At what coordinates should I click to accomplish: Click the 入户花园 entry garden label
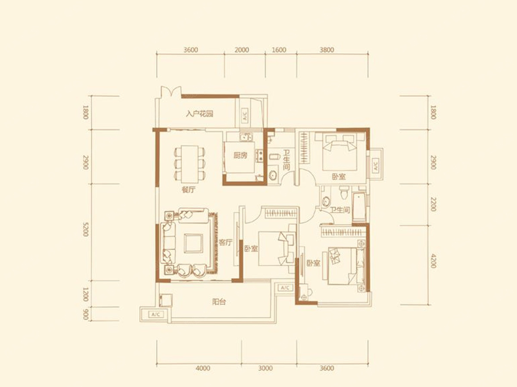199,114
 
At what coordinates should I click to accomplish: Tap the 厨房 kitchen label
240,155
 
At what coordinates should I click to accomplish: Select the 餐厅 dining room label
188,190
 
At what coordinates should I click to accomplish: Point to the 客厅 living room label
226,242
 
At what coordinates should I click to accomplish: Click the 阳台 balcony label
219,302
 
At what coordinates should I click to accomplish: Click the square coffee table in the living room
193,243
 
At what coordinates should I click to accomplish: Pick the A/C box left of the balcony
156,314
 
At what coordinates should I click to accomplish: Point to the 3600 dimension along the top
190,50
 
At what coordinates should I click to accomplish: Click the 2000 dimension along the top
242,50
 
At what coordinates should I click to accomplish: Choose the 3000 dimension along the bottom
265,368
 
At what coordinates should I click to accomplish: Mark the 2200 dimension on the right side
433,204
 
